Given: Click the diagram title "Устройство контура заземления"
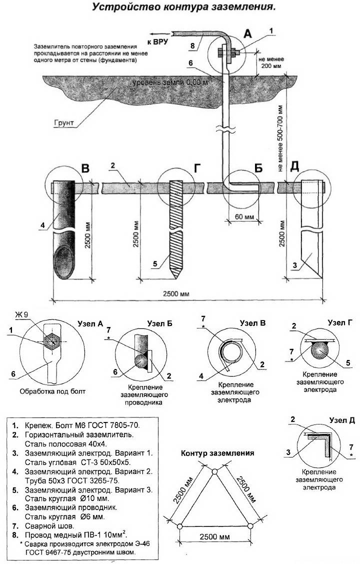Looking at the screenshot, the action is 183,7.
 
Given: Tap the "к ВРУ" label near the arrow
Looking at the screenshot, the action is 157,41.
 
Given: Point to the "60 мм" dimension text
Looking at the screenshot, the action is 244,217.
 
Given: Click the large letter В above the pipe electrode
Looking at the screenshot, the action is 85,168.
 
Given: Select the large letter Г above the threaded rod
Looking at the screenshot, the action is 197,168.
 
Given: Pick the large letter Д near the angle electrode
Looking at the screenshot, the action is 294,166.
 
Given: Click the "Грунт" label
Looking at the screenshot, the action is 64,122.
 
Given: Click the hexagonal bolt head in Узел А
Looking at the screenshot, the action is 51,340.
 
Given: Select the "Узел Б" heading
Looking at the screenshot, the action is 160,323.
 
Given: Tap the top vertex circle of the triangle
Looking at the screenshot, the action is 215,472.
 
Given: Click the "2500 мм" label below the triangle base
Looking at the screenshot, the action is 214,536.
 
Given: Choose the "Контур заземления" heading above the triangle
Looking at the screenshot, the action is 217,453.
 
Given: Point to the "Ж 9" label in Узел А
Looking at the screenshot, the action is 21,314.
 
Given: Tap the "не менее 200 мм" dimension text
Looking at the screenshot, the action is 270,62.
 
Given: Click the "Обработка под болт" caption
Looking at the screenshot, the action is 52,391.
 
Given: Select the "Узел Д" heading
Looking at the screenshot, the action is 342,420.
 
